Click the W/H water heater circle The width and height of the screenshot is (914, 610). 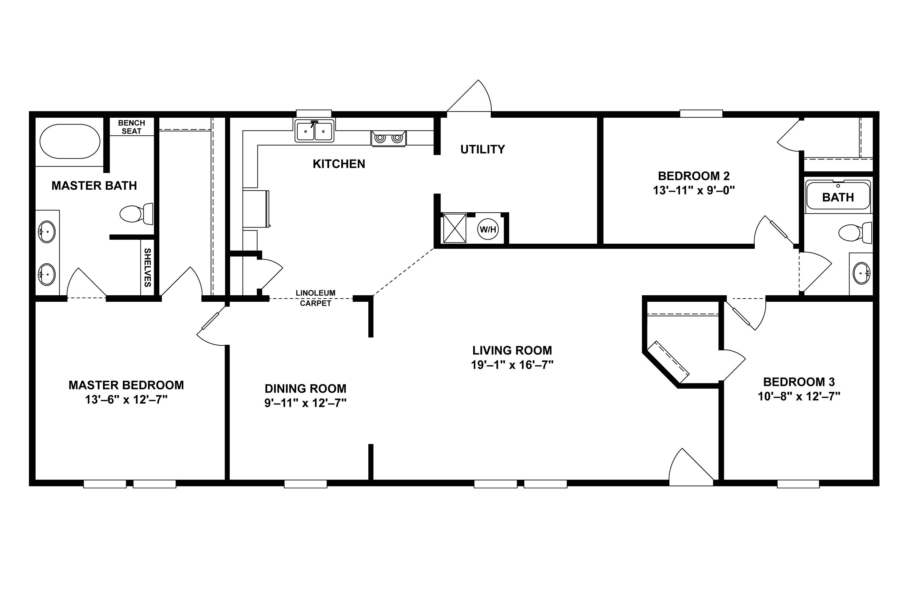tap(488, 230)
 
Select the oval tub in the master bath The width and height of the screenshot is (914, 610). tap(70, 141)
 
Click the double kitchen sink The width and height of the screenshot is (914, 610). tap(314, 131)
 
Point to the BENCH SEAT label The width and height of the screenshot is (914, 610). tap(131, 127)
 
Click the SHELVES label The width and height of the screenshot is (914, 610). tap(147, 268)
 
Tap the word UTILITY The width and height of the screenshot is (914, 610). tap(482, 149)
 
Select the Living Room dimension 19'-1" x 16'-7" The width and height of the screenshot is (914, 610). tap(512, 365)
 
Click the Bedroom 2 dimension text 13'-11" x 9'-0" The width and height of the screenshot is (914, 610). tap(694, 191)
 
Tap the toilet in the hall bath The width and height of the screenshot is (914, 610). tap(855, 233)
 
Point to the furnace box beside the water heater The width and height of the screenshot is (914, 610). tap(454, 228)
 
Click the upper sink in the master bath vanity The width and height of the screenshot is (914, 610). tap(46, 232)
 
